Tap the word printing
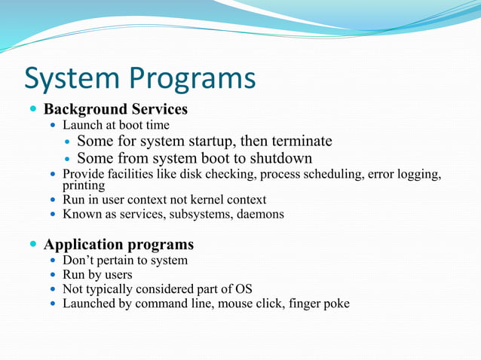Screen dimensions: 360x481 pyautogui.click(x=83, y=185)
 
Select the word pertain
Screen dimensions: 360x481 pyautogui.click(x=117, y=261)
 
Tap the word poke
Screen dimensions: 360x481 pyautogui.click(x=335, y=304)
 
